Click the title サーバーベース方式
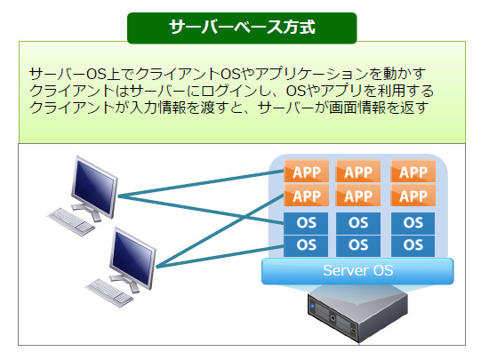coord(242,27)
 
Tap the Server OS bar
coord(357,271)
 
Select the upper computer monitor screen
coord(94,187)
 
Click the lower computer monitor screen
coord(132,258)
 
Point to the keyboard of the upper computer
coord(71,221)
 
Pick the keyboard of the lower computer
coord(110,292)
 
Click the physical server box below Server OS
coord(357,316)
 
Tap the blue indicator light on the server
coord(313,306)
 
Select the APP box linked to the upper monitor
coord(307,172)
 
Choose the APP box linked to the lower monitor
coord(307,196)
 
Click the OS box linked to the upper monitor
coord(306,223)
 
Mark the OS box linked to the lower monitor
coord(306,245)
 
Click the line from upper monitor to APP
coord(201,183)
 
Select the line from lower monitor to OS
coord(220,257)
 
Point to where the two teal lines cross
coord(244,218)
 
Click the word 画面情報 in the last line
coord(357,108)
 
